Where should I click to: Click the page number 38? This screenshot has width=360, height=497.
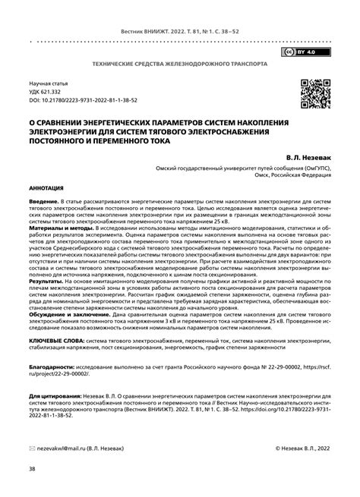pyautogui.click(x=32, y=468)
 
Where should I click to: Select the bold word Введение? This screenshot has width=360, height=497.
pyautogui.click(x=44, y=200)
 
